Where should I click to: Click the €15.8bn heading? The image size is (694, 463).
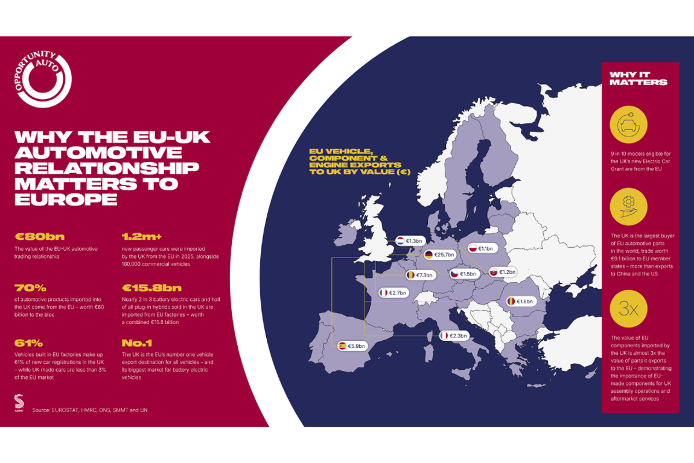click(x=152, y=288)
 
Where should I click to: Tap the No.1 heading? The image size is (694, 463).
click(x=137, y=343)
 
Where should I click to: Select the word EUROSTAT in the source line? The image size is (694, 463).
click(x=68, y=410)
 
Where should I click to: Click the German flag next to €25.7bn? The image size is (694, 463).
click(x=429, y=255)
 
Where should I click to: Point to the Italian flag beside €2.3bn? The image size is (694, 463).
click(x=444, y=335)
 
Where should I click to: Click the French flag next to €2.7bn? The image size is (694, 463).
click(x=383, y=293)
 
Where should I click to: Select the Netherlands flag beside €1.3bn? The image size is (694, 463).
click(x=400, y=240)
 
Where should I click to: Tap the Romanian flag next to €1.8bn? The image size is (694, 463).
click(x=511, y=301)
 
